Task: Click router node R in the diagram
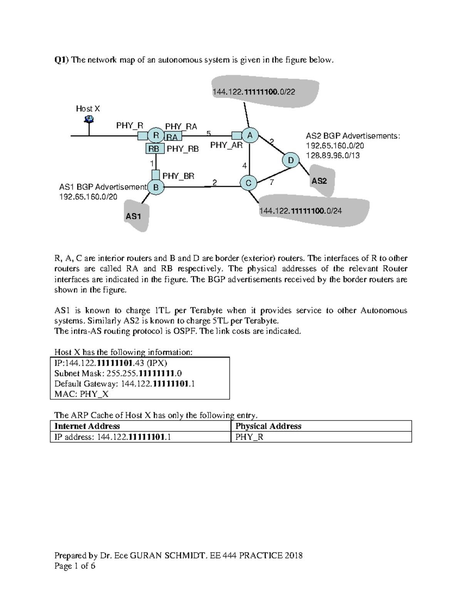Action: [x=156, y=135]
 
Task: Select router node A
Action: [x=250, y=135]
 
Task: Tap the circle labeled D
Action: [x=291, y=160]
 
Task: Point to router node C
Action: [x=248, y=183]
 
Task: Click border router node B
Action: [x=156, y=188]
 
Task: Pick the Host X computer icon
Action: [x=89, y=119]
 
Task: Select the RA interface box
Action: [x=172, y=137]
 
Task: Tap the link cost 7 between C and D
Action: [x=272, y=182]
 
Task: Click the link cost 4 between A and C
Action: [x=244, y=166]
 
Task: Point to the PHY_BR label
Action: [x=178, y=176]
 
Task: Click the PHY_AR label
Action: [x=226, y=145]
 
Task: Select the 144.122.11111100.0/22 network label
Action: [x=254, y=92]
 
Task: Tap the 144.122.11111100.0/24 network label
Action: [x=301, y=211]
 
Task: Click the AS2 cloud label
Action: [x=319, y=181]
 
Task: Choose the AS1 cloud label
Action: [x=133, y=216]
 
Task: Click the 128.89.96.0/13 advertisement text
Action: [x=333, y=156]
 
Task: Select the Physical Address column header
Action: [x=268, y=426]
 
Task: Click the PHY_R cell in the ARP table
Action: [x=249, y=437]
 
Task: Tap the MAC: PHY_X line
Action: [x=81, y=394]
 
